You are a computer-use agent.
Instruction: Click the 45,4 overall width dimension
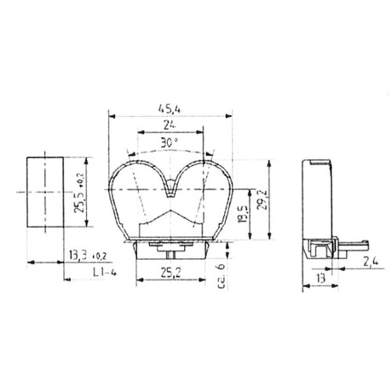pos(169,107)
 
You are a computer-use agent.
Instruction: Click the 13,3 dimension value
pos(78,255)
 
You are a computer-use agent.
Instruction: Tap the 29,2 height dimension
pos(267,202)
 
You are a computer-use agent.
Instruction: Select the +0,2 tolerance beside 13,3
pos(98,255)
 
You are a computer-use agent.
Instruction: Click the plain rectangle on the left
pos(43,193)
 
